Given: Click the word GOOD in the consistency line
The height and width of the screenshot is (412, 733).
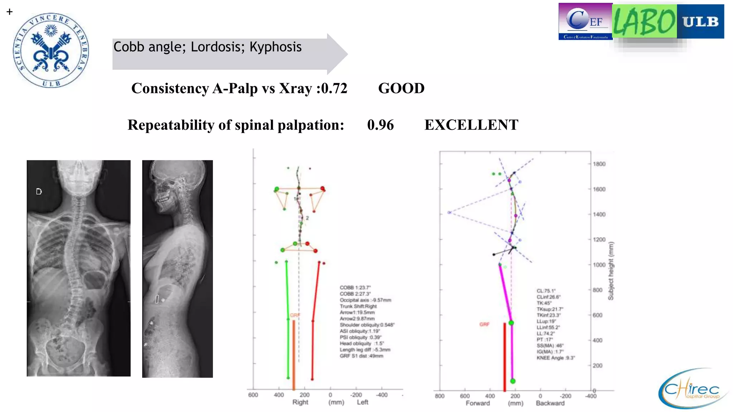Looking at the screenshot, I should (401, 88).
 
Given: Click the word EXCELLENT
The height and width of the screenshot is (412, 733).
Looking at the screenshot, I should (471, 125).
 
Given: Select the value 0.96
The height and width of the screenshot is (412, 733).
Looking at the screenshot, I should (380, 125).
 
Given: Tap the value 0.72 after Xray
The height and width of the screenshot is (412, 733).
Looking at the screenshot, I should (334, 88).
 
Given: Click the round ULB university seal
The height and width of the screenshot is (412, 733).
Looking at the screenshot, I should (51, 50).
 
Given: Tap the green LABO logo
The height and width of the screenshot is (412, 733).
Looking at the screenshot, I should (644, 21).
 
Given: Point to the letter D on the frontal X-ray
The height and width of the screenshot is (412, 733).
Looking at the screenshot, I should (39, 192).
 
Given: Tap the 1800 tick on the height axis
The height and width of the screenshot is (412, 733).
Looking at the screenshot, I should (599, 164).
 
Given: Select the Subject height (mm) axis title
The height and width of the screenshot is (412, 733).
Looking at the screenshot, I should (611, 271).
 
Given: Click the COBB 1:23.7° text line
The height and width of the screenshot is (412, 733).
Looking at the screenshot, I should (355, 288).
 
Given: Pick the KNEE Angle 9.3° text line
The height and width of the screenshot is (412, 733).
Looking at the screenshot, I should (555, 358).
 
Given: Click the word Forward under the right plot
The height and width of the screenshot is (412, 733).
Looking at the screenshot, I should (477, 403).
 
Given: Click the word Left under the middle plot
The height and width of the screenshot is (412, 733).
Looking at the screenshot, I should (362, 402).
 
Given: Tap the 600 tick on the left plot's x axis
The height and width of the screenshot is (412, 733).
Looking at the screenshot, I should (253, 395).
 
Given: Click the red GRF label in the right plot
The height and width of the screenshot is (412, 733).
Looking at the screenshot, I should (484, 324).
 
